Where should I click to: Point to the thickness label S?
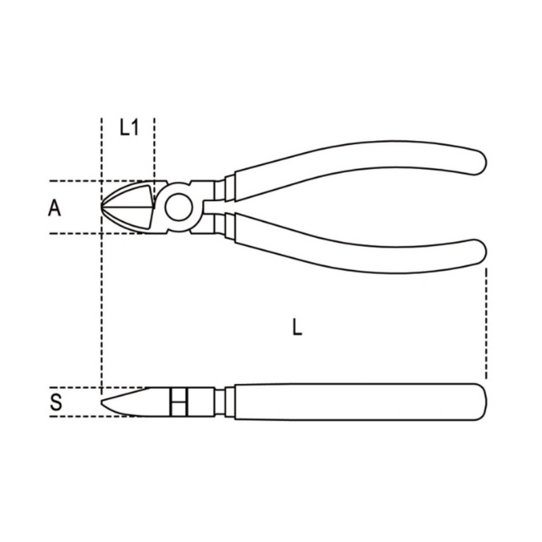tap(56, 402)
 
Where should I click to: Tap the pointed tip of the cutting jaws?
tap(104, 207)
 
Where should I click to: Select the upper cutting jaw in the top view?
tap(132, 195)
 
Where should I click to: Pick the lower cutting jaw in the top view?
tap(132, 218)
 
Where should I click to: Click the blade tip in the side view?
tap(104, 406)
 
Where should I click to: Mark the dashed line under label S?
tap(75, 416)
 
